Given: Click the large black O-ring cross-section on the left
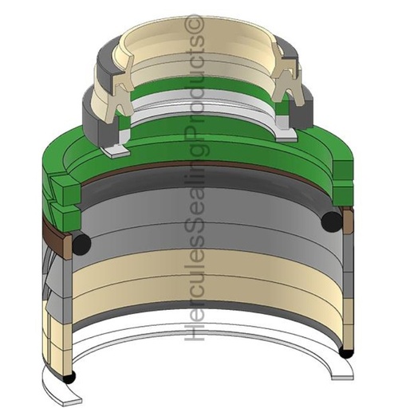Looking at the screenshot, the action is tap(81, 243).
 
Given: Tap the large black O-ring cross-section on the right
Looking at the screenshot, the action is tap(332, 222).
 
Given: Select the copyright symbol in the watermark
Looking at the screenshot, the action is tap(194, 25).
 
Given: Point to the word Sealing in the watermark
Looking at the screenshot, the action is tap(194, 194).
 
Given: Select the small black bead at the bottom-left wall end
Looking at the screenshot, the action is tap(69, 377).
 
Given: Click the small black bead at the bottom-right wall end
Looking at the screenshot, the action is tap(346, 352).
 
